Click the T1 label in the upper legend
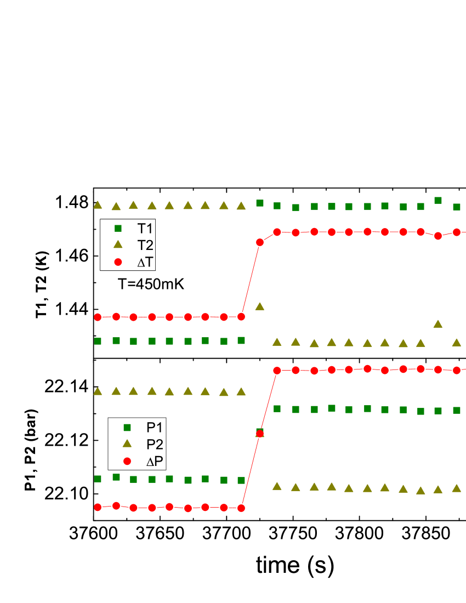pyautogui.click(x=145, y=229)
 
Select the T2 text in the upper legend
pyautogui.click(x=145, y=246)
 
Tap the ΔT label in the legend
pyautogui.click(x=146, y=263)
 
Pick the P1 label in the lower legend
pyautogui.click(x=155, y=428)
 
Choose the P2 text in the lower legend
pyautogui.click(x=155, y=445)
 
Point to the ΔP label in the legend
pyautogui.click(x=155, y=462)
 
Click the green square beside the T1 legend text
pyautogui.click(x=117, y=228)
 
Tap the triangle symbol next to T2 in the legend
pyautogui.click(x=117, y=245)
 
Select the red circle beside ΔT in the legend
pyautogui.click(x=117, y=263)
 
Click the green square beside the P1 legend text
pyautogui.click(x=127, y=427)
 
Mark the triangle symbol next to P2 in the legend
pyautogui.click(x=127, y=444)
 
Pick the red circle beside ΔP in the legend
pyautogui.click(x=127, y=462)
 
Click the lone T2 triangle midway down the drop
pyautogui.click(x=260, y=306)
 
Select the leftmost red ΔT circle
pyautogui.click(x=98, y=317)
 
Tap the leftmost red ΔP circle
pyautogui.click(x=98, y=507)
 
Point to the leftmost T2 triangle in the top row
pyautogui.click(x=98, y=204)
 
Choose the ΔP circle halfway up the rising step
pyautogui.click(x=260, y=434)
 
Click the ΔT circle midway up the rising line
pyautogui.click(x=260, y=242)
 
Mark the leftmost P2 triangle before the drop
pyautogui.click(x=98, y=391)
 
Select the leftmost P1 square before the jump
pyautogui.click(x=98, y=479)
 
